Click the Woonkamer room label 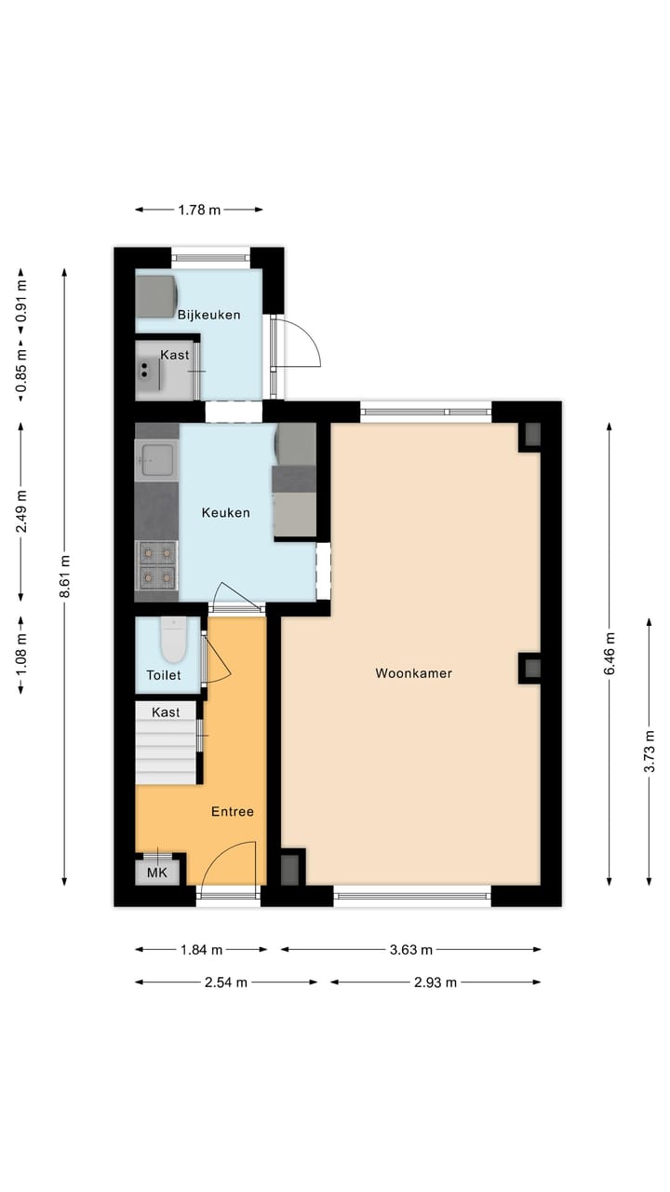[x=413, y=673]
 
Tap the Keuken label [x=226, y=512]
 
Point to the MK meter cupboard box [x=157, y=874]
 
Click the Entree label [x=232, y=811]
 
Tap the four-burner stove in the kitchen [x=156, y=565]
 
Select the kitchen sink [x=155, y=458]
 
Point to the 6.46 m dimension [x=610, y=656]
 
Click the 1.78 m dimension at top [x=199, y=210]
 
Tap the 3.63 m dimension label [x=410, y=950]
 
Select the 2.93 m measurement [x=435, y=982]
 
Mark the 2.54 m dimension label [x=226, y=982]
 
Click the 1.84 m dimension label [x=201, y=950]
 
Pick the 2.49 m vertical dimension [x=20, y=510]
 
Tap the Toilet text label [x=163, y=675]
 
